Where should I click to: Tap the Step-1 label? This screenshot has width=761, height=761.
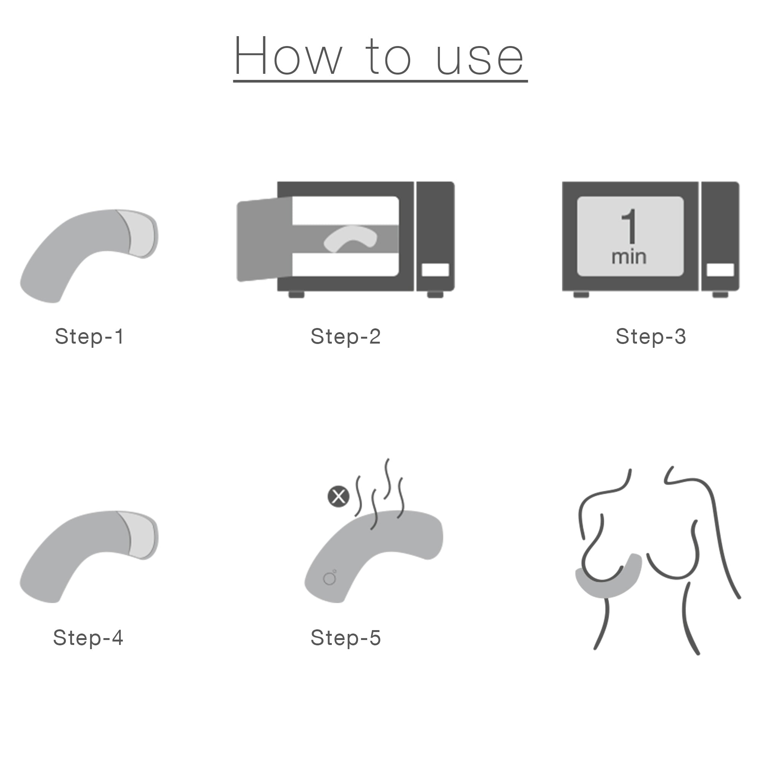[x=89, y=336]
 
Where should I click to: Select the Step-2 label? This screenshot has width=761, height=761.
[x=345, y=336]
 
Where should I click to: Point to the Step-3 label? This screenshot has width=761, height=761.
[x=651, y=336]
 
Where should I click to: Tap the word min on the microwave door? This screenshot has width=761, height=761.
[x=629, y=257]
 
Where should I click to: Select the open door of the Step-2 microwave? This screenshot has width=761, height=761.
[x=264, y=240]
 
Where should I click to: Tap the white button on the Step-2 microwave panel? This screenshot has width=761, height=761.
[x=435, y=270]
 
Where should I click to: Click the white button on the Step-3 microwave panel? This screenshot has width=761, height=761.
[x=720, y=270]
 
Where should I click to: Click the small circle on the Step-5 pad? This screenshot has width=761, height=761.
[x=329, y=579]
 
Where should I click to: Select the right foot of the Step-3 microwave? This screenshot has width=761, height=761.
[x=720, y=294]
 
